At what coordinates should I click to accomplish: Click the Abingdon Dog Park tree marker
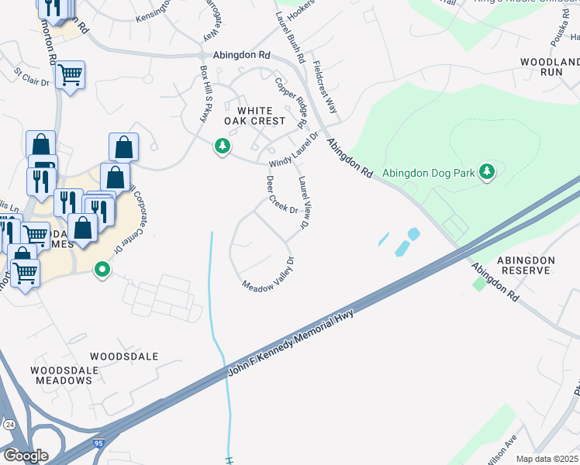486,171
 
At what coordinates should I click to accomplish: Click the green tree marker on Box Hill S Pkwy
223,146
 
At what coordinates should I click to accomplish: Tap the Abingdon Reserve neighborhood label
526,265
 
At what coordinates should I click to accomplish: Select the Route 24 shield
9,425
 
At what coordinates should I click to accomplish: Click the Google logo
26,455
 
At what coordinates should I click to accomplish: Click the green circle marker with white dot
102,270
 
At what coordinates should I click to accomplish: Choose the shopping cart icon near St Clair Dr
70,74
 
